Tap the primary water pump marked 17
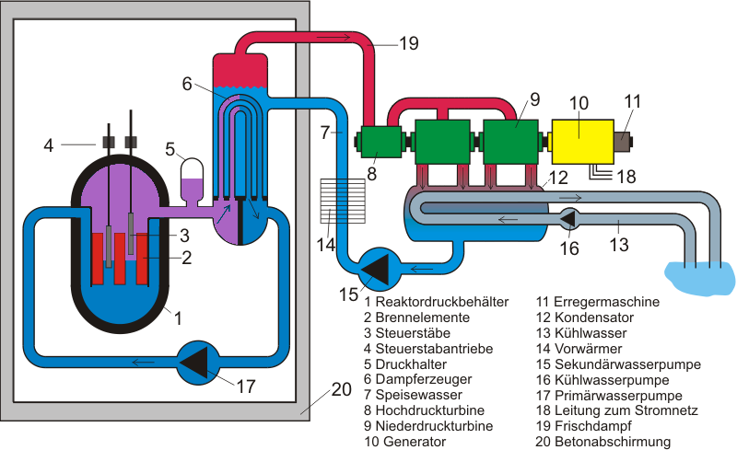coord(198,363)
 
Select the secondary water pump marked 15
coord(380,270)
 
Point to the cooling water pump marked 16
coord(568,219)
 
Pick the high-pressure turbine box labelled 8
coord(380,142)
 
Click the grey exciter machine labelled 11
coord(623,142)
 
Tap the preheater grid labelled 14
coord(343,201)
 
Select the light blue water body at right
coord(699,278)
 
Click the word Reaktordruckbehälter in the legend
coord(442,302)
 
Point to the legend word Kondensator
coord(594,317)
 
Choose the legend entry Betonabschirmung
coord(613,442)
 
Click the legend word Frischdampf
coord(593,426)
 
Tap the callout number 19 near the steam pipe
coord(409,43)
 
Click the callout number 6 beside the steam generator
coord(187,84)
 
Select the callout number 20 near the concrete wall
coord(342,389)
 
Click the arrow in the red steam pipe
coord(333,37)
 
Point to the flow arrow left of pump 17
coord(144,363)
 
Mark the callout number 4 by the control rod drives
coord(49,145)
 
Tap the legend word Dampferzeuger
coord(424,379)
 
